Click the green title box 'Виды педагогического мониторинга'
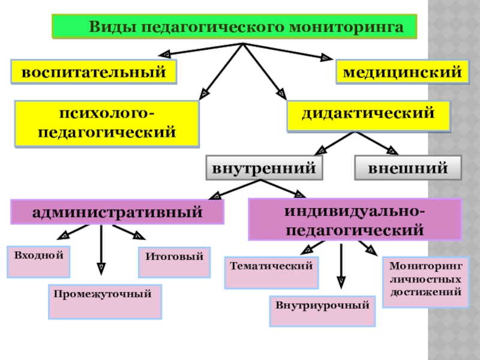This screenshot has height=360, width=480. (x=234, y=27)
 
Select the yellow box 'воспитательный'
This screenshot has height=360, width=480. (x=94, y=73)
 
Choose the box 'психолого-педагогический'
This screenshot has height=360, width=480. (x=107, y=123)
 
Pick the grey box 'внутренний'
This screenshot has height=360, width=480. (x=263, y=168)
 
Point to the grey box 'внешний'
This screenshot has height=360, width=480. (x=408, y=168)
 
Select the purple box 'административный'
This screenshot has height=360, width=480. (x=118, y=212)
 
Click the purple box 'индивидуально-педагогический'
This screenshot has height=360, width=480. (x=355, y=220)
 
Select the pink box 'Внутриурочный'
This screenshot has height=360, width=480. (x=322, y=311)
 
